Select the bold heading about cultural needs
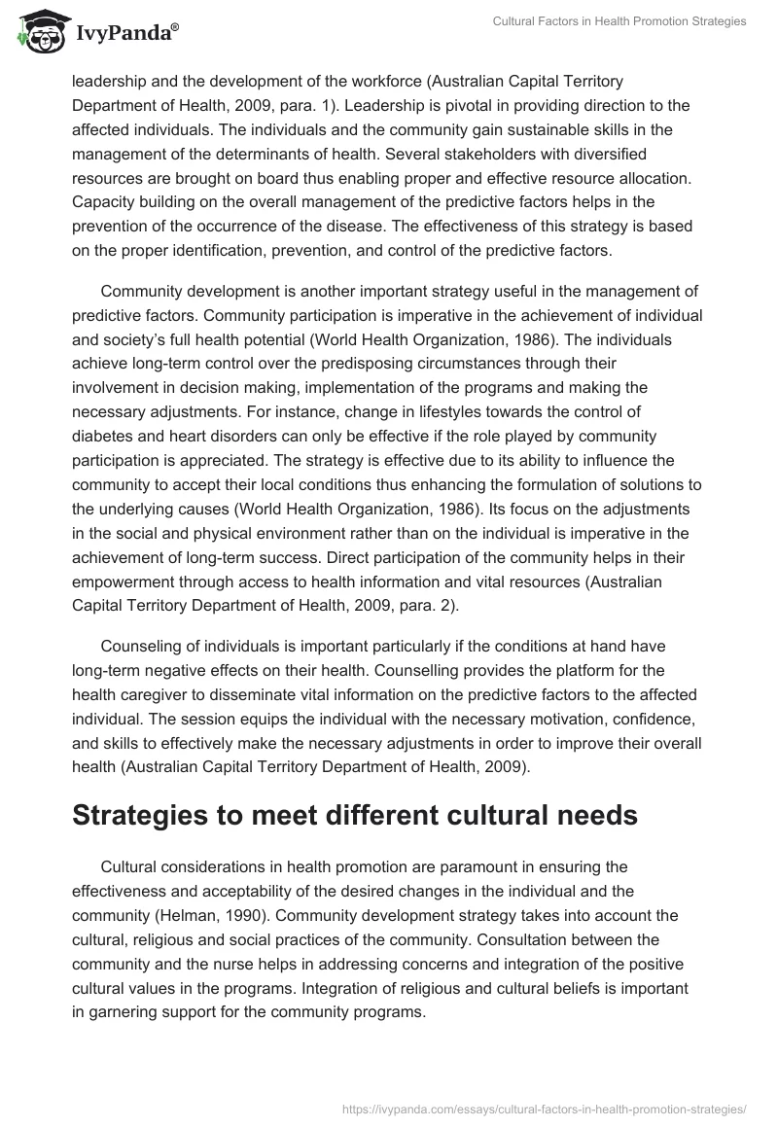[355, 815]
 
